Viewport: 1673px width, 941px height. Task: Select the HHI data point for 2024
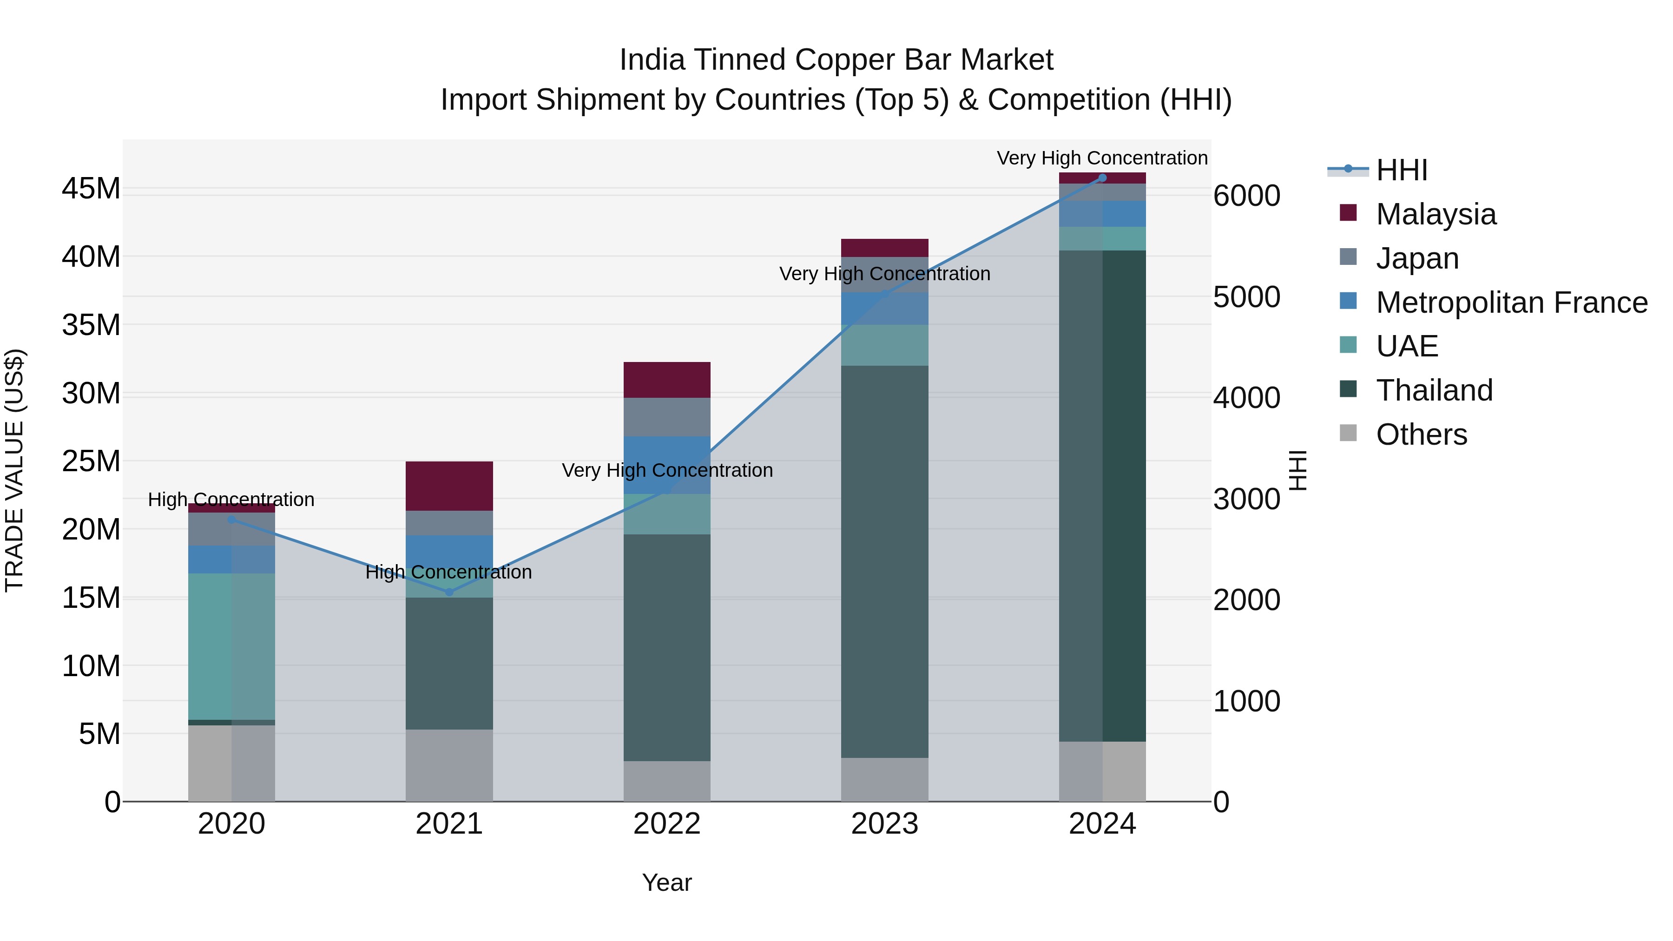pos(1102,178)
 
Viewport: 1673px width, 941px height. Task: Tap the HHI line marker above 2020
pos(231,520)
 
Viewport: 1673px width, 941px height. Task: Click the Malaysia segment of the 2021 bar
pos(449,486)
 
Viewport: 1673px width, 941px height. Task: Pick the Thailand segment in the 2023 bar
pos(884,562)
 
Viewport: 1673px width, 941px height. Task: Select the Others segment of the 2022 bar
pos(667,781)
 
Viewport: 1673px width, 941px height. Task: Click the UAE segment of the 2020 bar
pos(231,646)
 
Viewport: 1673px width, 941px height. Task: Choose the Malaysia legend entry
pos(1436,214)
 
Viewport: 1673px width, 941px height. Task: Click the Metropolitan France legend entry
pos(1511,302)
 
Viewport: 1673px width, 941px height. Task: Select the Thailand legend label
pos(1434,390)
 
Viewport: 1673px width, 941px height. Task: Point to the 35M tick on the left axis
pos(91,325)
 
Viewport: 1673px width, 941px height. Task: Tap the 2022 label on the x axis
pos(667,824)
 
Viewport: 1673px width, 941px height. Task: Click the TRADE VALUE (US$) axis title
pos(15,470)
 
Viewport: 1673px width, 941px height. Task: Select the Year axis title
pos(667,882)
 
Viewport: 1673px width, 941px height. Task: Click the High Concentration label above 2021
pos(449,572)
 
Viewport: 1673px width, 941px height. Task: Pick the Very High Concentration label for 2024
pos(1102,158)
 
